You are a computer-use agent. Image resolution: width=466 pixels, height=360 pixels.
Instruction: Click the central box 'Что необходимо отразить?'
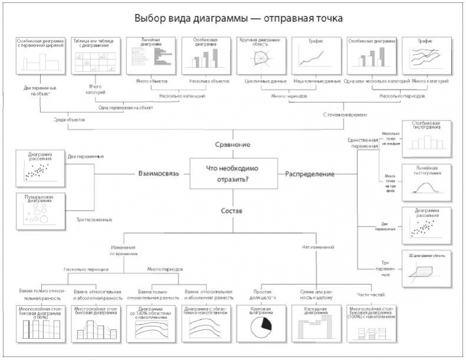click(x=232, y=174)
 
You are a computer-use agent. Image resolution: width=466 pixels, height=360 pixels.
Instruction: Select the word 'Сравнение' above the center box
click(x=232, y=145)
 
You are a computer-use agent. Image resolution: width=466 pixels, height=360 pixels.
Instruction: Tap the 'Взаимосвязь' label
click(x=159, y=174)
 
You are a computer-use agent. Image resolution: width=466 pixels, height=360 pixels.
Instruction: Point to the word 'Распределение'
click(x=310, y=174)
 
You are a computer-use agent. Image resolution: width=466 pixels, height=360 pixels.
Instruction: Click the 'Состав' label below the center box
click(x=232, y=210)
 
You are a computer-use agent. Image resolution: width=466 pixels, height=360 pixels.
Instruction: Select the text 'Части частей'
click(x=370, y=294)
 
